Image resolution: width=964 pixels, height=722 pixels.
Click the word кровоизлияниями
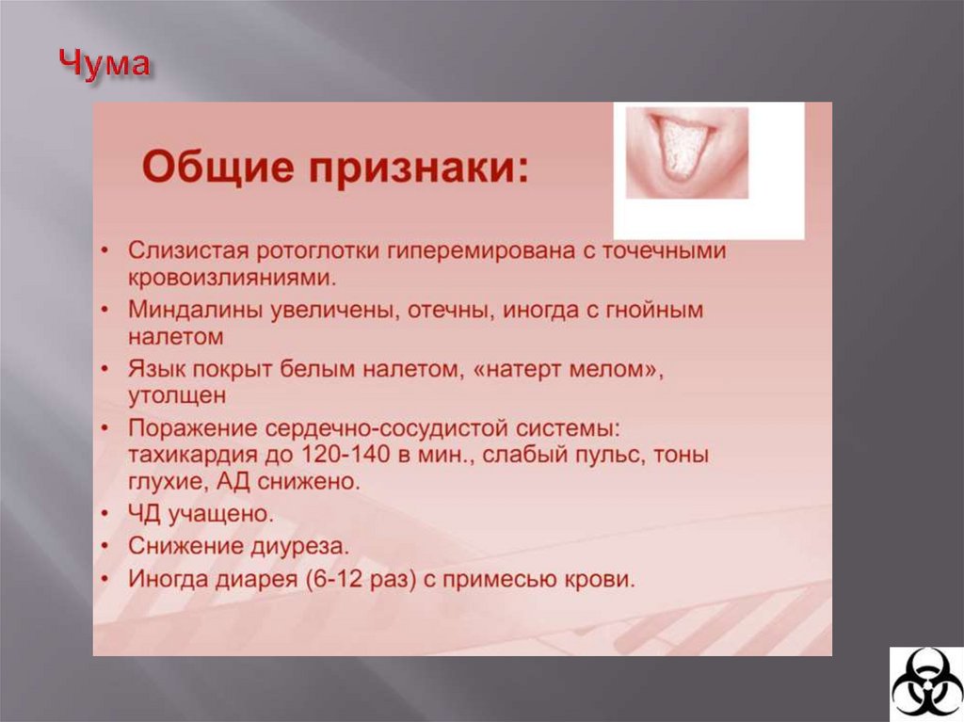231,278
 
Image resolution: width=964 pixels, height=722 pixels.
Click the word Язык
155,367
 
